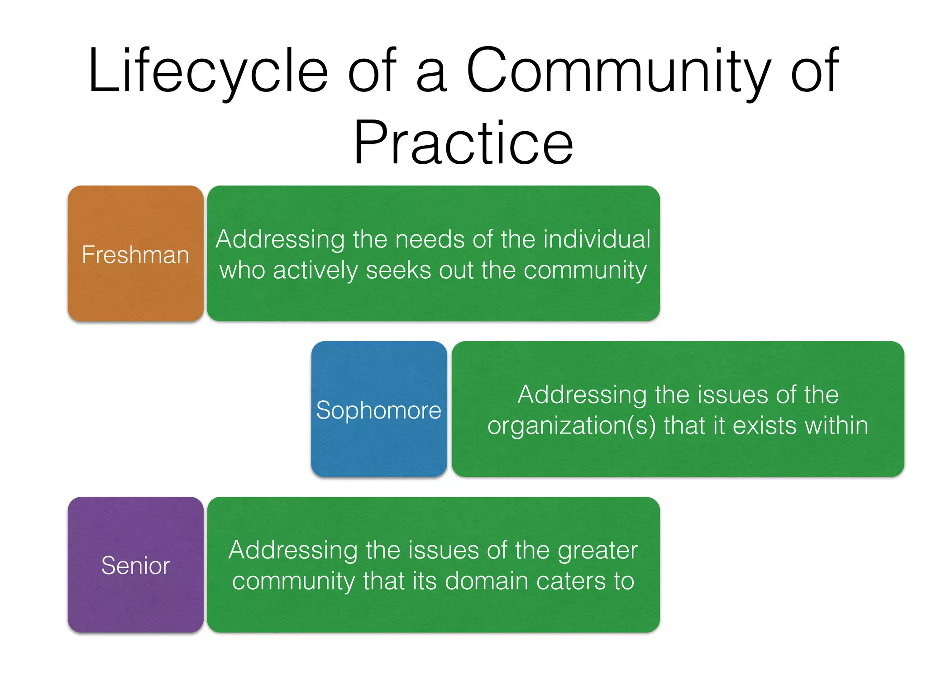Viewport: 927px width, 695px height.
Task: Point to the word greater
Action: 597,551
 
